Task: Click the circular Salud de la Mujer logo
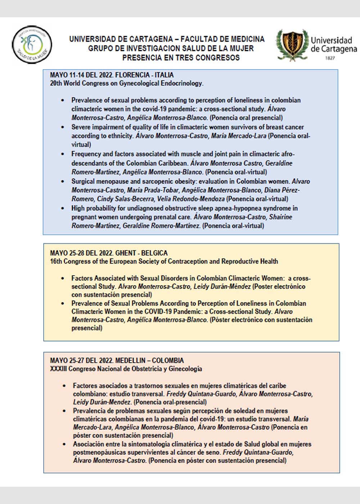click(x=32, y=45)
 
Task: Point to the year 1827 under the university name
click(x=330, y=58)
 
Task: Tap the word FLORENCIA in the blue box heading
click(x=132, y=75)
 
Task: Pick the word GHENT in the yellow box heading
click(x=126, y=253)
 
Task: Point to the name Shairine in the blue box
click(x=279, y=217)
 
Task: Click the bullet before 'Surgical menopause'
click(x=63, y=181)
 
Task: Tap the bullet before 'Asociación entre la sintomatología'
click(x=64, y=444)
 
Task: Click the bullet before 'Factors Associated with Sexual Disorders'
click(x=63, y=278)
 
